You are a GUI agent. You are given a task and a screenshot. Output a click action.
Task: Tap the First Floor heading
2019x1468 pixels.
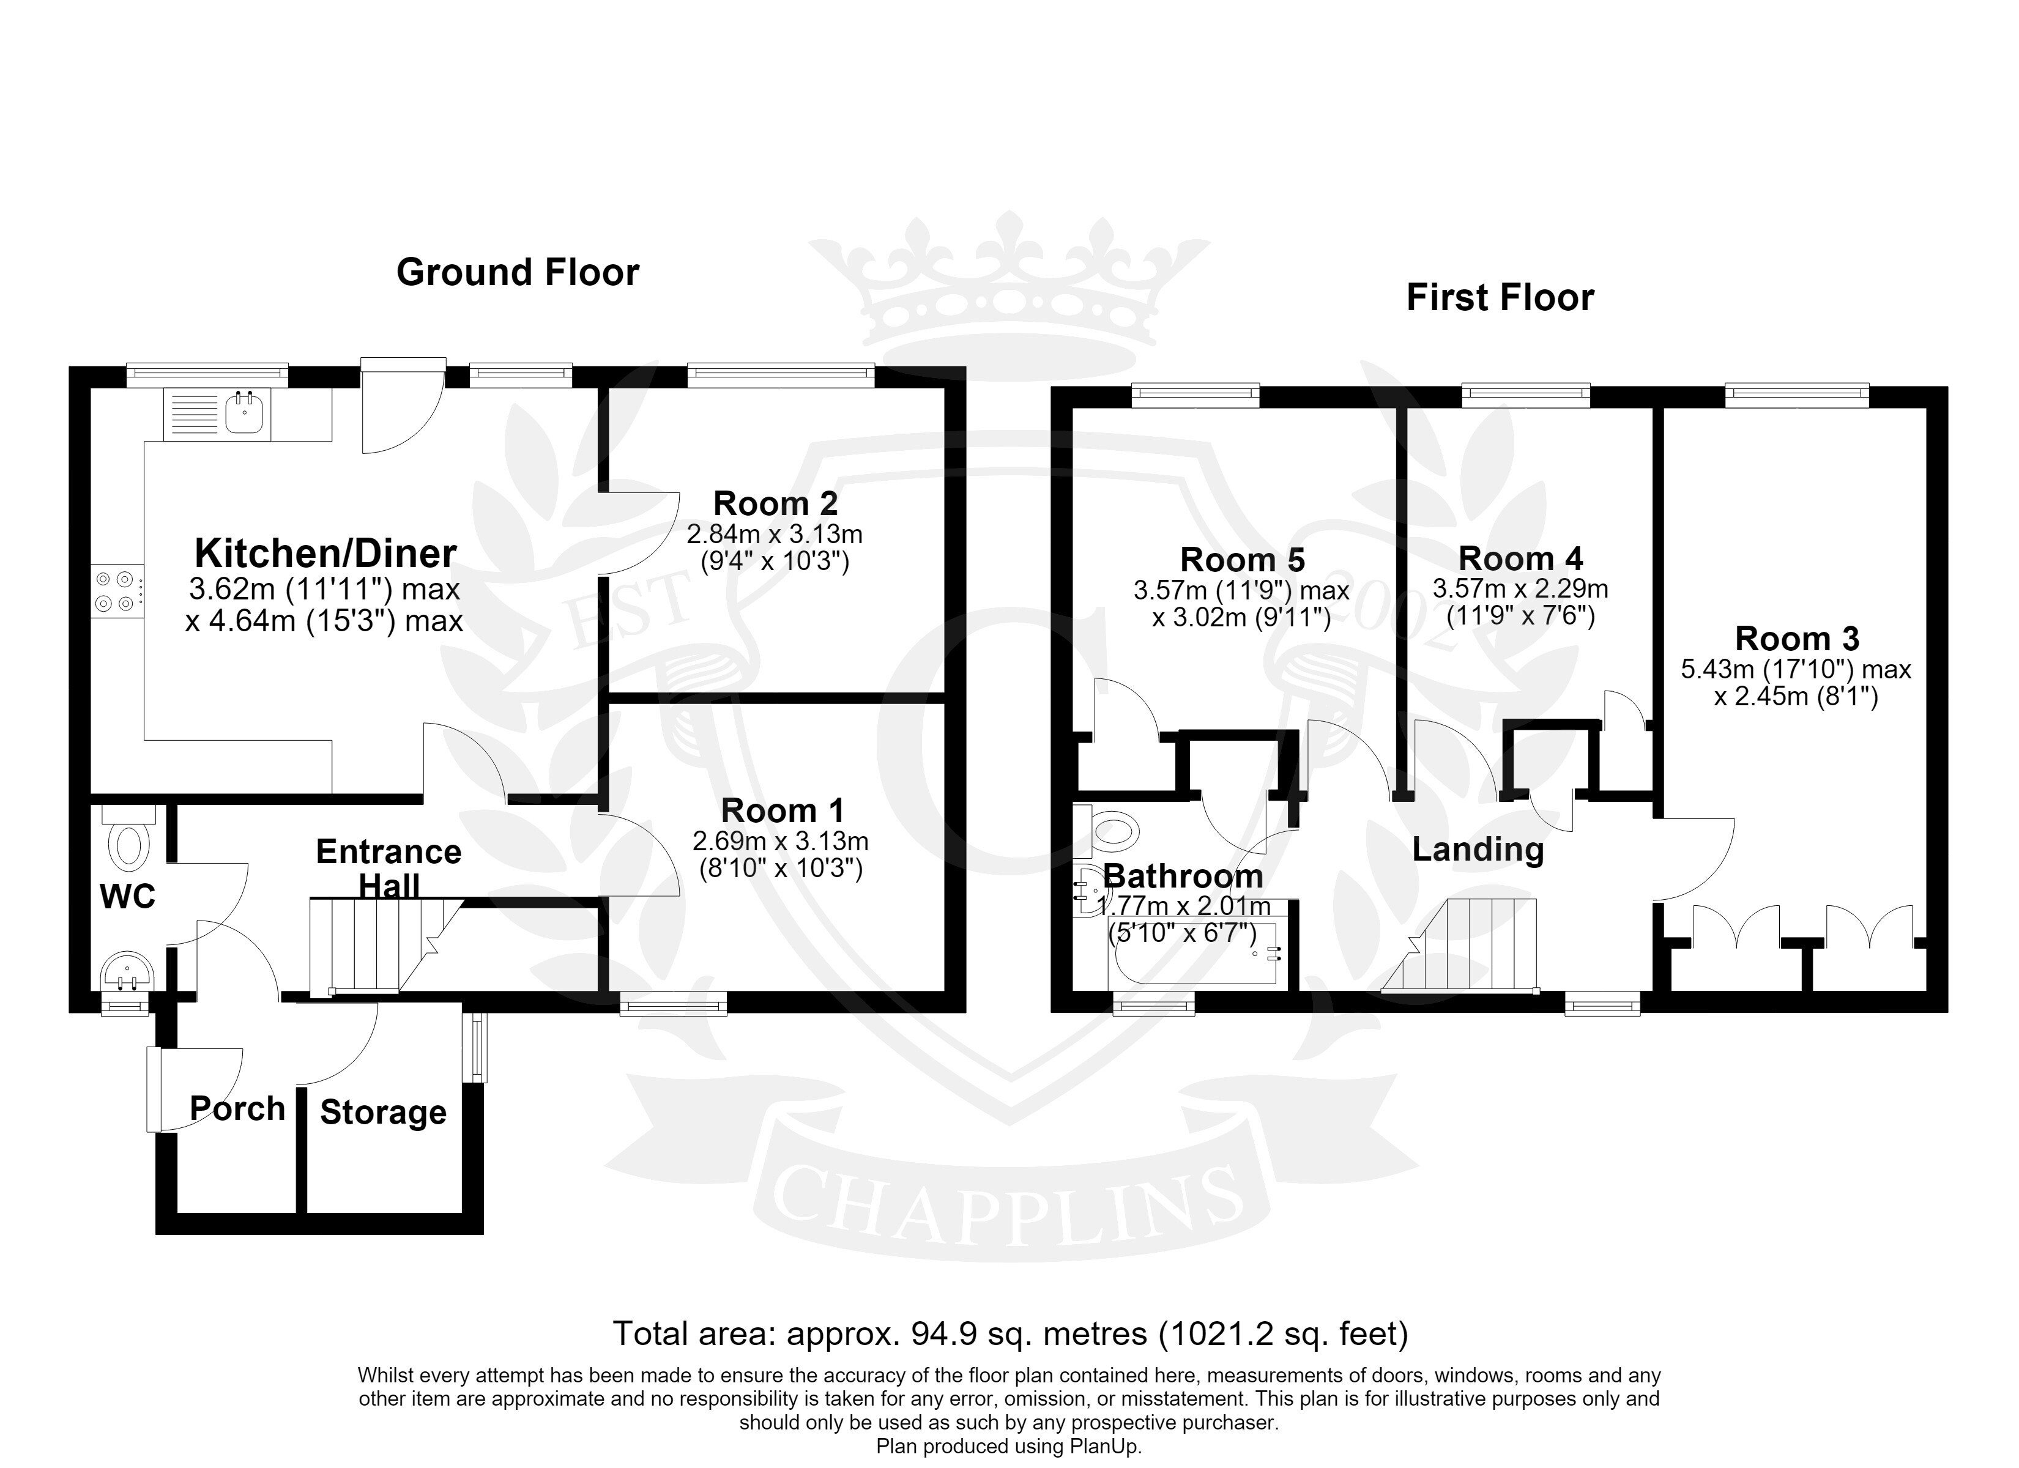coord(1500,297)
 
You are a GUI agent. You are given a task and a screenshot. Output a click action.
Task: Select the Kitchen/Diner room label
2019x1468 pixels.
coord(326,553)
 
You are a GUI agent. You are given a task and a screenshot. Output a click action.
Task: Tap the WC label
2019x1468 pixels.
coord(128,897)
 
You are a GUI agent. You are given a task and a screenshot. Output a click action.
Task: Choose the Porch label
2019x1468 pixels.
coord(237,1109)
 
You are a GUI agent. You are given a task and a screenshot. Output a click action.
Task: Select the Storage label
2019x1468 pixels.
coord(383,1113)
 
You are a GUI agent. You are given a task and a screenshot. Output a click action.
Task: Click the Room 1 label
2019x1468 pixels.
coord(783,811)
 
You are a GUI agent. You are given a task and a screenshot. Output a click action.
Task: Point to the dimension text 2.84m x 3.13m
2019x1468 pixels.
coord(775,535)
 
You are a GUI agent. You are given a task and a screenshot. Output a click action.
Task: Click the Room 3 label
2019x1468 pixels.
coord(1798,639)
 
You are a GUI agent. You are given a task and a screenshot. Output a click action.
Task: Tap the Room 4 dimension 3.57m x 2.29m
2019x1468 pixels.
coord(1520,589)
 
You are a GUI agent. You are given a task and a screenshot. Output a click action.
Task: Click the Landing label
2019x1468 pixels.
coord(1478,849)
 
